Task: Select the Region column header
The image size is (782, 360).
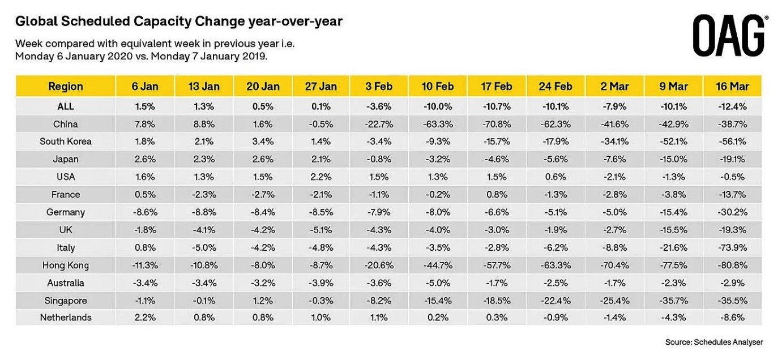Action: pos(66,87)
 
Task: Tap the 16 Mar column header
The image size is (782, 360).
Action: pos(732,87)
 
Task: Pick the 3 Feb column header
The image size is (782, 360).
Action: pos(379,87)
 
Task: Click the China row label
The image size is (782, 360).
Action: pos(66,124)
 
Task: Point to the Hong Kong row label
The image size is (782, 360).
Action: pos(66,265)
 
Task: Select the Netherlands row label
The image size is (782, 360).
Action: pos(66,318)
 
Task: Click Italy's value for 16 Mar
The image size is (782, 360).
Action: pos(732,247)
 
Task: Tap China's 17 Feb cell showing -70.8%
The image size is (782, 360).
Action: pos(496,124)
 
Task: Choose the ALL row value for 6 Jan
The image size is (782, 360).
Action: pos(144,106)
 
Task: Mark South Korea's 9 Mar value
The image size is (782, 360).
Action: pos(673,142)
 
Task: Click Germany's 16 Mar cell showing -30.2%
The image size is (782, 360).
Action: pos(732,212)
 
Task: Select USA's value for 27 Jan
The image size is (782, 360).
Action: pos(321,177)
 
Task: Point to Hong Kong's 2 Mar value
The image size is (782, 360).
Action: pos(614,265)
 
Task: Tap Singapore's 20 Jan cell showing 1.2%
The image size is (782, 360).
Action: pos(263,300)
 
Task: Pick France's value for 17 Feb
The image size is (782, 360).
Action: pos(496,194)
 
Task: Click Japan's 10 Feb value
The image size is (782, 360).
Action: pos(438,159)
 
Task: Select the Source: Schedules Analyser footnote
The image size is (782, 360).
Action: pos(714,342)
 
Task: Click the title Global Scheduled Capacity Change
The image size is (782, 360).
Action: pos(179,22)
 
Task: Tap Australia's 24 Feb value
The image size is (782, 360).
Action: pos(555,282)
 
